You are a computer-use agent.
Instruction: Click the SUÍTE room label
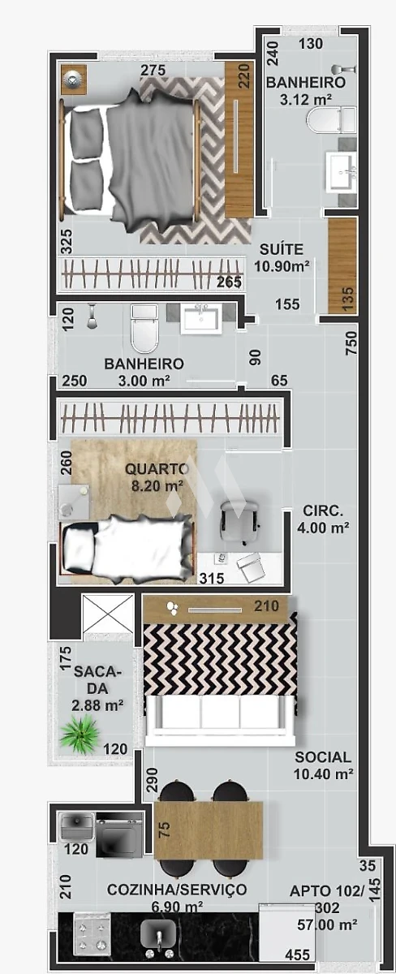click(x=282, y=249)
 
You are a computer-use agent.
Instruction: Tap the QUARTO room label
click(x=157, y=469)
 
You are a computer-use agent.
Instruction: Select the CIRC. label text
click(x=322, y=510)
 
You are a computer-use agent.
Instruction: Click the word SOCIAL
click(x=323, y=757)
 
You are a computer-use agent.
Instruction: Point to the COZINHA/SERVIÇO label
click(x=177, y=890)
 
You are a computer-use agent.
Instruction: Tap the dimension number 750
click(x=351, y=343)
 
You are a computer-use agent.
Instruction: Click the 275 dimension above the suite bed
click(x=153, y=70)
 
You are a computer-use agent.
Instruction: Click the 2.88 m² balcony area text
click(x=98, y=705)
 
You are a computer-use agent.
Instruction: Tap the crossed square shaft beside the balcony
click(x=108, y=613)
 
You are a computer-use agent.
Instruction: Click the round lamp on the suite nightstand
click(x=74, y=79)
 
